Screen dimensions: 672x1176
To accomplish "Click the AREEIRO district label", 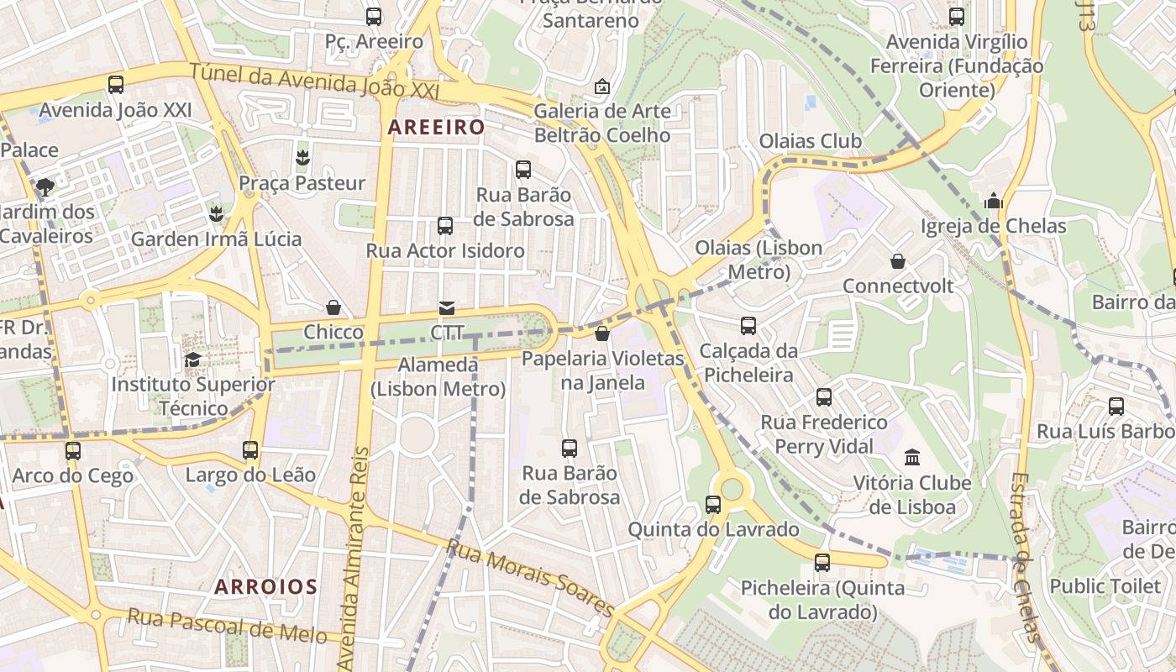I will [x=436, y=128].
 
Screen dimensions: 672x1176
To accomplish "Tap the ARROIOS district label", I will [x=265, y=586].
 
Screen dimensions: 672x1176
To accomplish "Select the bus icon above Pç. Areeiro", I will [x=374, y=16].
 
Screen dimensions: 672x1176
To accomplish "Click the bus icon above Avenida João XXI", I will [x=116, y=85].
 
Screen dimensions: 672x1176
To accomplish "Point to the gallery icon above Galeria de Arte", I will [x=602, y=87].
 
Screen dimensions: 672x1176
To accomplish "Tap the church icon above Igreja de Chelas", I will [x=994, y=201].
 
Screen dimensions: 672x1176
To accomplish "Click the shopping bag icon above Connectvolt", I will [x=898, y=261].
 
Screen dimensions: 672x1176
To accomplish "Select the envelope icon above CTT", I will [x=447, y=308].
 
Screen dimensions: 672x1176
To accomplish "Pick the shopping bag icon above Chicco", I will [x=333, y=307].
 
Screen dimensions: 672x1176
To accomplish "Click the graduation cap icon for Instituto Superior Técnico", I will [x=192, y=360].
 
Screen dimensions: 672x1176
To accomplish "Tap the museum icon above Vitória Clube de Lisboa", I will [x=912, y=458].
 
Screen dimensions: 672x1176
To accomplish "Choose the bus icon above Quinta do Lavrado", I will [x=713, y=505].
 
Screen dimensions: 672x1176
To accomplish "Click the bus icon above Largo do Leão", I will [x=250, y=450].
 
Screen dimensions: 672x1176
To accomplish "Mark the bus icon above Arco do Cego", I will [x=73, y=451].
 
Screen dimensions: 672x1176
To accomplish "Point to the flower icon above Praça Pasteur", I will [x=302, y=157].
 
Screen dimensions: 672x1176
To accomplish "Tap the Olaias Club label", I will [x=810, y=141].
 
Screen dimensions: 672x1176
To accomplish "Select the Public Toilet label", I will [x=1105, y=585].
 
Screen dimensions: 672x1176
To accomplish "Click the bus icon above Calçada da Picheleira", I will [x=748, y=326].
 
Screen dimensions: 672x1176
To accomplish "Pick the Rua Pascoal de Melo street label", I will [x=227, y=627].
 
